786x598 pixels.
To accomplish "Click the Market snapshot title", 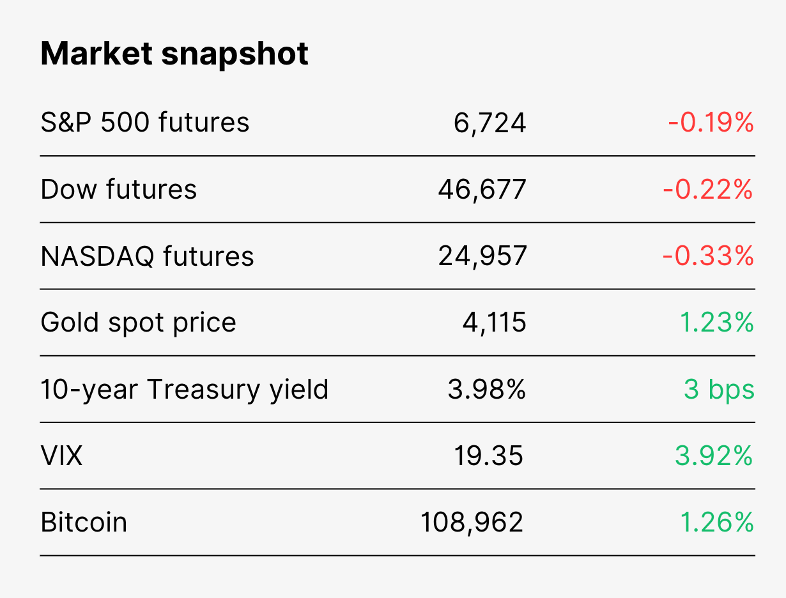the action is (x=174, y=54).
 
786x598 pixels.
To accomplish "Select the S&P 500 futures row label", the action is (x=144, y=123).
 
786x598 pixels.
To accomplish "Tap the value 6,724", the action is (x=489, y=123).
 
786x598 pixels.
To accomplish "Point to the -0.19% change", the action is (x=711, y=123).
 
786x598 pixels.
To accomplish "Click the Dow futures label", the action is (x=118, y=189).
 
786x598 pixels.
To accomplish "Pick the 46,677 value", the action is (x=482, y=190).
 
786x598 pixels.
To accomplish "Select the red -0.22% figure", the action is (x=708, y=189).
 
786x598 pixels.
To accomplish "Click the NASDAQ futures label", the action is (x=147, y=256).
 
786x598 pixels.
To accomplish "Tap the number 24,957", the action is (x=482, y=257).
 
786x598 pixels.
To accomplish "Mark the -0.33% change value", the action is (x=708, y=256).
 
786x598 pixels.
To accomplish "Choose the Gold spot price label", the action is (x=138, y=323).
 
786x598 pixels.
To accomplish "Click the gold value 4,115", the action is (x=494, y=323).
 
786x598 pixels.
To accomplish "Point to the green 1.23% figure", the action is (x=716, y=322).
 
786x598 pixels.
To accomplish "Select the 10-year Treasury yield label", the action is (x=185, y=389).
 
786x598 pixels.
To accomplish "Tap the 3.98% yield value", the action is (x=487, y=389).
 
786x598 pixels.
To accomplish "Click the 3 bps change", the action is (x=719, y=389).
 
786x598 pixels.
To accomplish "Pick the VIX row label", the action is (x=61, y=456).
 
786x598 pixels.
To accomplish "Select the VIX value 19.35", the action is (x=488, y=456).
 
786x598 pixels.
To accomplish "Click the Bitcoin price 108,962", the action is (x=472, y=523).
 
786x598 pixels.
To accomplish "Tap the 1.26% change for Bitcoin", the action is (x=716, y=522).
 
